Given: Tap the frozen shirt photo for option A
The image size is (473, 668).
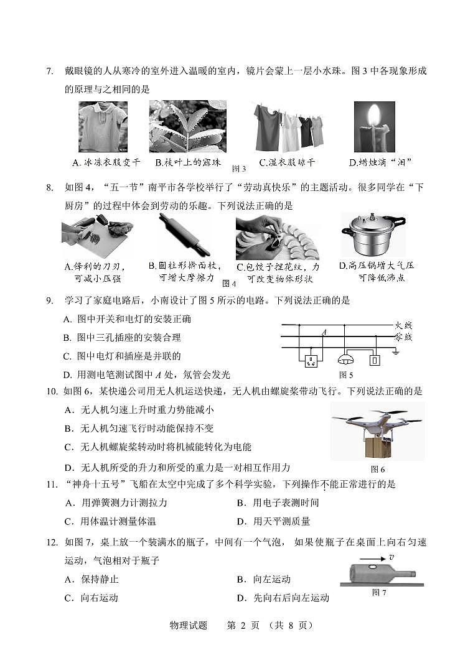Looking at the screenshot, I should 103,127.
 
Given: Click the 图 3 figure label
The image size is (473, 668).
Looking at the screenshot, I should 239,169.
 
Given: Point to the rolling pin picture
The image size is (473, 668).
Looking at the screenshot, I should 184,234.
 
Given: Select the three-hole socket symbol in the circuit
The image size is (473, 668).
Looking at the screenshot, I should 311,360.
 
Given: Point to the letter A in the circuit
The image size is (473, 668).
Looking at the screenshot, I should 324,332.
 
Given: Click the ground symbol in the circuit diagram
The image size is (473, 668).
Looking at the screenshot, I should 396,351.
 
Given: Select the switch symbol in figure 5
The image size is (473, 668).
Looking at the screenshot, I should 374,360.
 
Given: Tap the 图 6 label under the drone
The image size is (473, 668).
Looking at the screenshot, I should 378,470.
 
